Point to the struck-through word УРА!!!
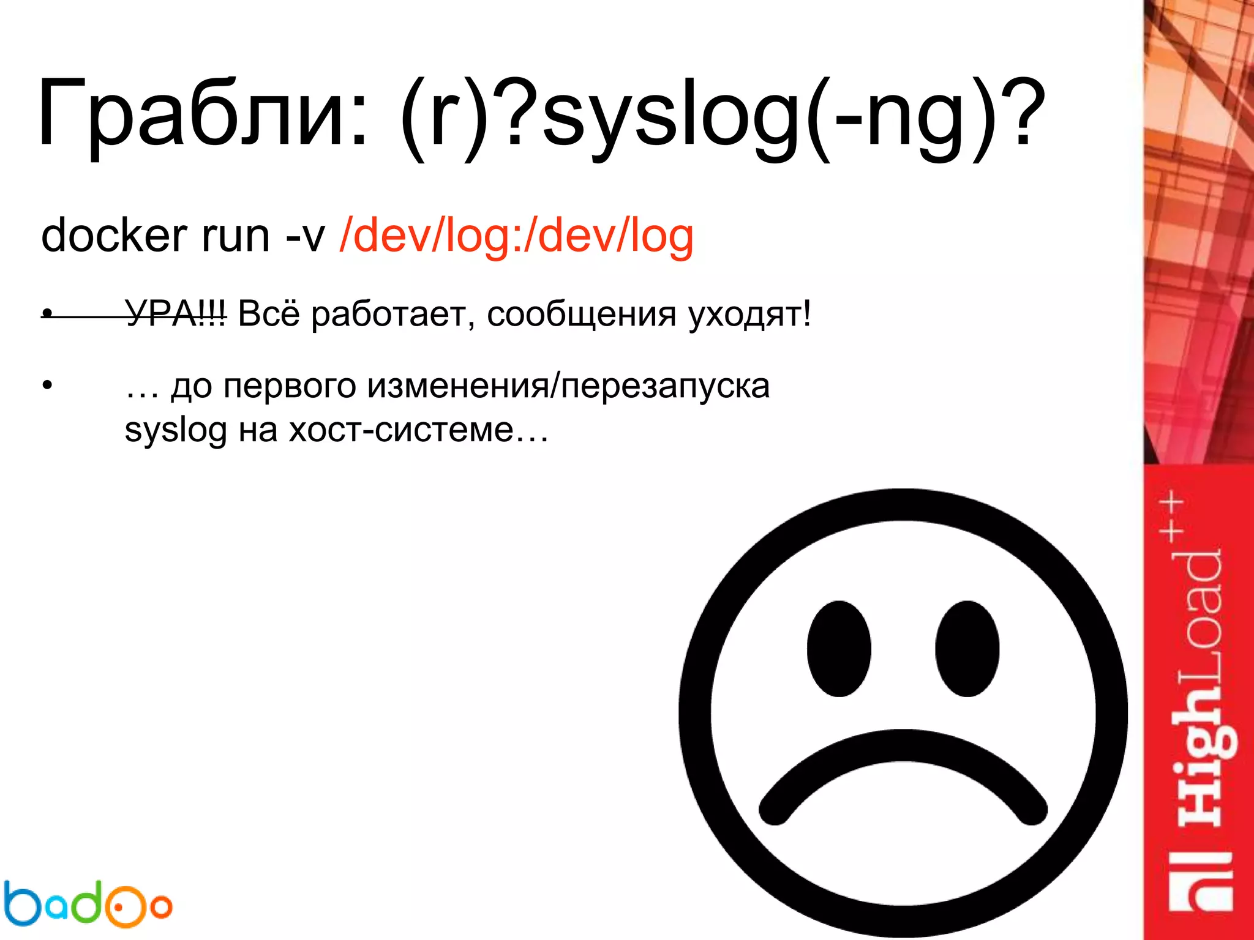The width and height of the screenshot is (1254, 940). click(x=176, y=315)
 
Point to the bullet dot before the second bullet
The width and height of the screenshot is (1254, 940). click(x=48, y=386)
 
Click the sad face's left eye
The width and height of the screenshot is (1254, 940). click(x=839, y=648)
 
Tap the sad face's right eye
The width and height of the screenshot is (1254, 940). click(x=967, y=648)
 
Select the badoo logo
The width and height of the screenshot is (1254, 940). click(x=87, y=903)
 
